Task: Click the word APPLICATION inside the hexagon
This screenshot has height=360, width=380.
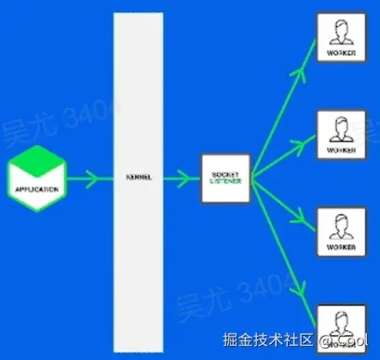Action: [37, 189]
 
